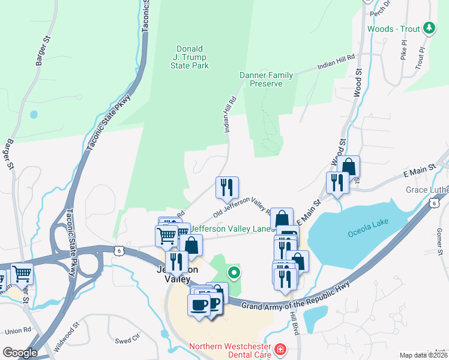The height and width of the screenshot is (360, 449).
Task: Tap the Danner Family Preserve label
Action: click(267, 79)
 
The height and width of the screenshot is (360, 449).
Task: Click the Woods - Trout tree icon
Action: click(429, 28)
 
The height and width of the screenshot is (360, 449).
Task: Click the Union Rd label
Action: click(18, 331)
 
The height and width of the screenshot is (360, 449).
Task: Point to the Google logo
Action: click(19, 353)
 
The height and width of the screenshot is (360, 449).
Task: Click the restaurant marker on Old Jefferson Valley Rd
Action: click(227, 187)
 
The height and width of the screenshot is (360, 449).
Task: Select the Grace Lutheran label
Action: click(427, 190)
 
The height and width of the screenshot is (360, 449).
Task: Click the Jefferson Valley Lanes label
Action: click(234, 228)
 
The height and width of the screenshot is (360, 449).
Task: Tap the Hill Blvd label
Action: click(294, 323)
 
